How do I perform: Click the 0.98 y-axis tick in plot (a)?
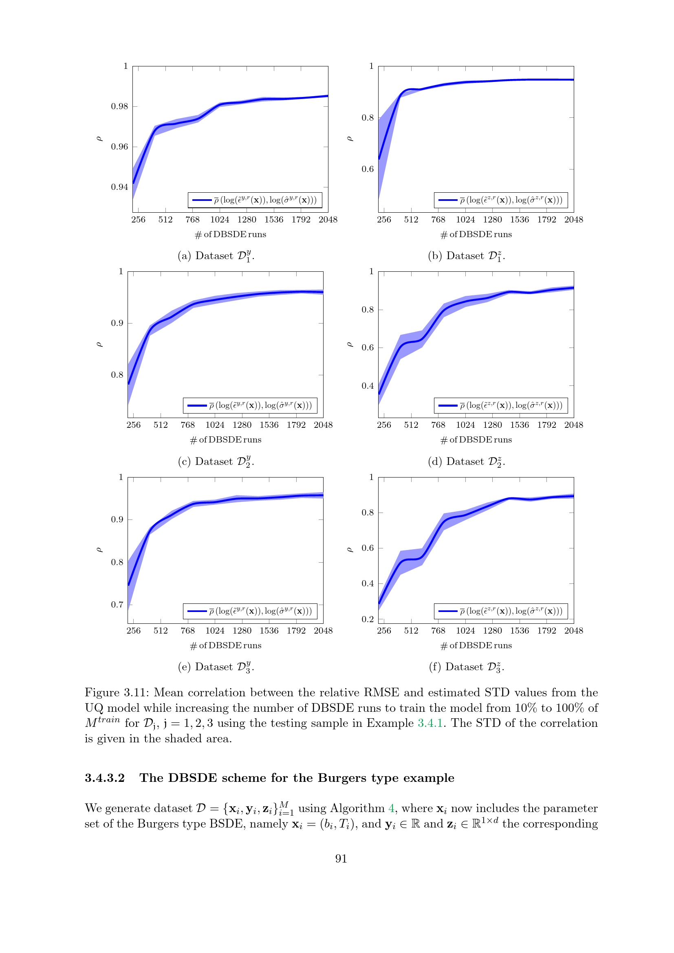(x=119, y=106)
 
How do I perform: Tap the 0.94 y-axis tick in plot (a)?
(x=119, y=187)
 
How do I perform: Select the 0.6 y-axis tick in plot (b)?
(x=368, y=169)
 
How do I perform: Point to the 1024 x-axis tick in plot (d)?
(x=465, y=425)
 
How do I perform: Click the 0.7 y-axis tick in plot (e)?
(x=117, y=605)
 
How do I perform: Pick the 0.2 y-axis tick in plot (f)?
(x=368, y=619)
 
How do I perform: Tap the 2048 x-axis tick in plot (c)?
(x=323, y=425)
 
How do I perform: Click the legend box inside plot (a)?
(x=255, y=200)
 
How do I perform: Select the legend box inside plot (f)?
(x=501, y=611)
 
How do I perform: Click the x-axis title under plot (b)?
(x=476, y=235)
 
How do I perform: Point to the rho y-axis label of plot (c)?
(x=99, y=345)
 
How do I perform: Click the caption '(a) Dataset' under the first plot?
(x=205, y=256)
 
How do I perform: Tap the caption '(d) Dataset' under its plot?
(x=456, y=462)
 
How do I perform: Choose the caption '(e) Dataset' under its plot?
(x=205, y=667)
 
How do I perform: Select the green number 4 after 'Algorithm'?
(x=391, y=808)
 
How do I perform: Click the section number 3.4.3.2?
(x=105, y=778)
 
